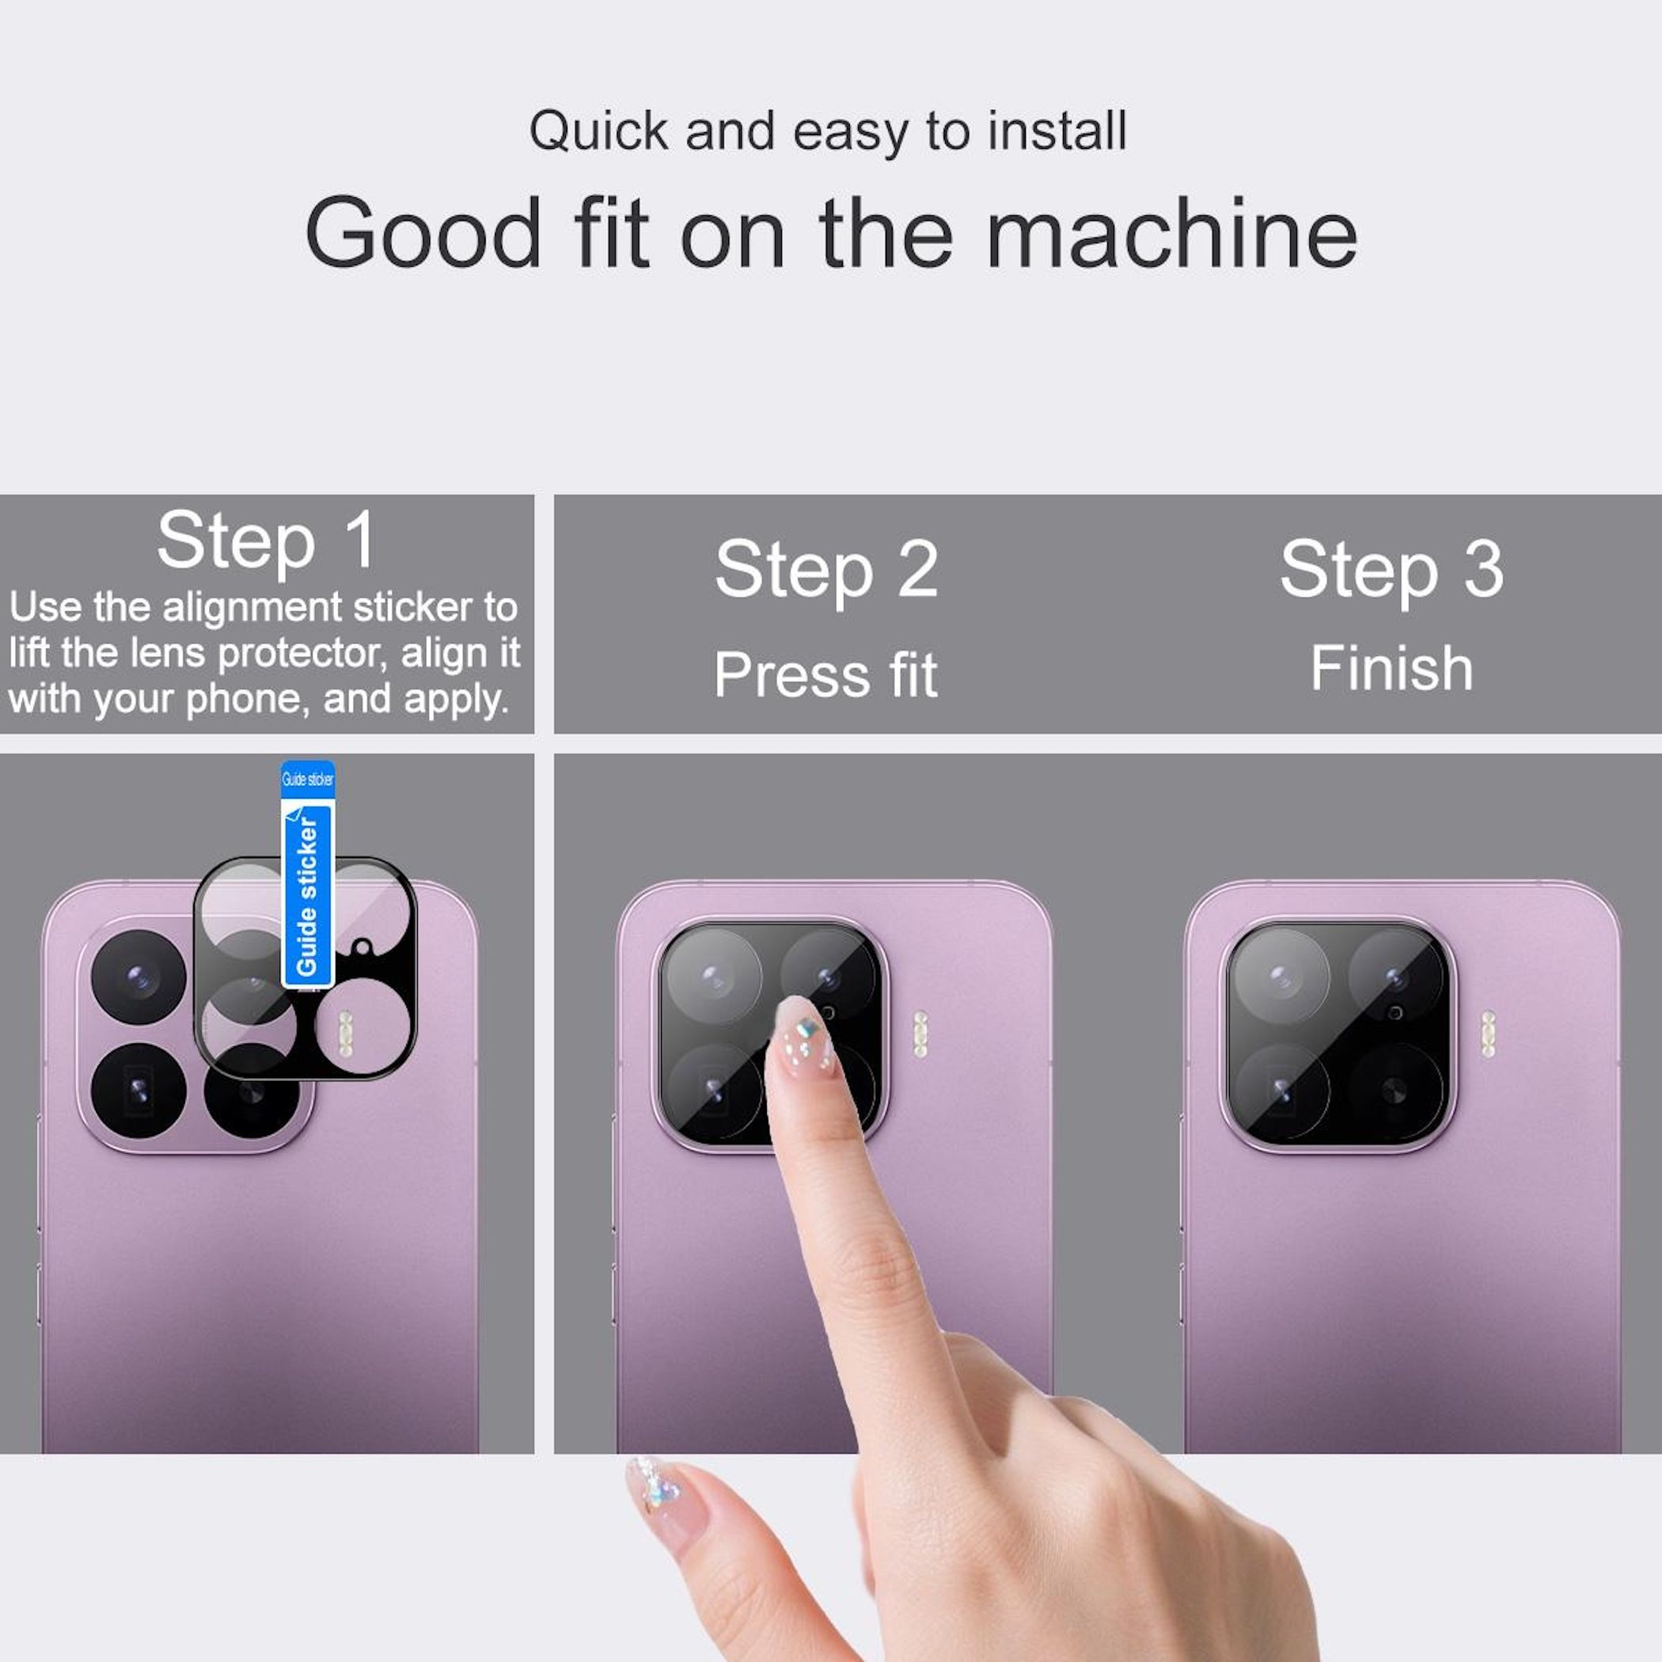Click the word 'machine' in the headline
(1171, 232)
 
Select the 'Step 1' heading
(266, 541)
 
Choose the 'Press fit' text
(825, 674)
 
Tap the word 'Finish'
(1391, 669)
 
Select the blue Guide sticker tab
(307, 874)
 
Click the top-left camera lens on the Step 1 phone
(138, 977)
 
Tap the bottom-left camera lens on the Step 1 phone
(138, 1091)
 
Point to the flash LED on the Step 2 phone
(920, 1033)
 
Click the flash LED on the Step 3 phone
(1487, 1033)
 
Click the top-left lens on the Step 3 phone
(1281, 977)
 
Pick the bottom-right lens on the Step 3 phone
(1395, 1091)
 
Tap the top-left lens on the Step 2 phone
(713, 977)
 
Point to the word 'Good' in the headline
(423, 232)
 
